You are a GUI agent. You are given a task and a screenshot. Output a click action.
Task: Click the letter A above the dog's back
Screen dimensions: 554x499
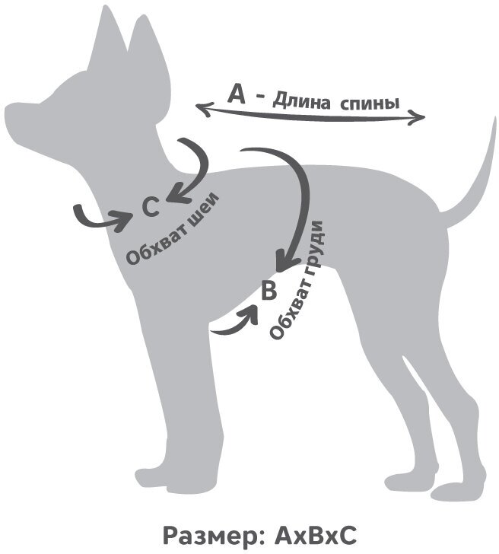click(x=237, y=94)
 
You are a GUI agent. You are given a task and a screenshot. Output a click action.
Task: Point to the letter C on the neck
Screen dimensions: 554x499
click(x=151, y=205)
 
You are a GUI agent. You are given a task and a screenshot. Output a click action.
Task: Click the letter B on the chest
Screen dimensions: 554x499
click(x=269, y=290)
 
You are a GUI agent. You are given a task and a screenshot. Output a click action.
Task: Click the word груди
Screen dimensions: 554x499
click(x=314, y=247)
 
